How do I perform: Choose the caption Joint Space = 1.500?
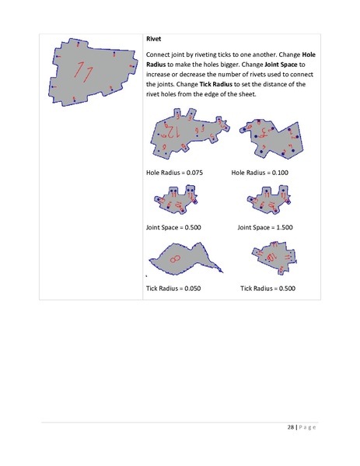pos(264,230)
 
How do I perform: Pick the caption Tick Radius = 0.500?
pos(267,288)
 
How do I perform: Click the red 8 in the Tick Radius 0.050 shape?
pos(177,258)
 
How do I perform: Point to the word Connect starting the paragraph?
pos(159,54)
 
